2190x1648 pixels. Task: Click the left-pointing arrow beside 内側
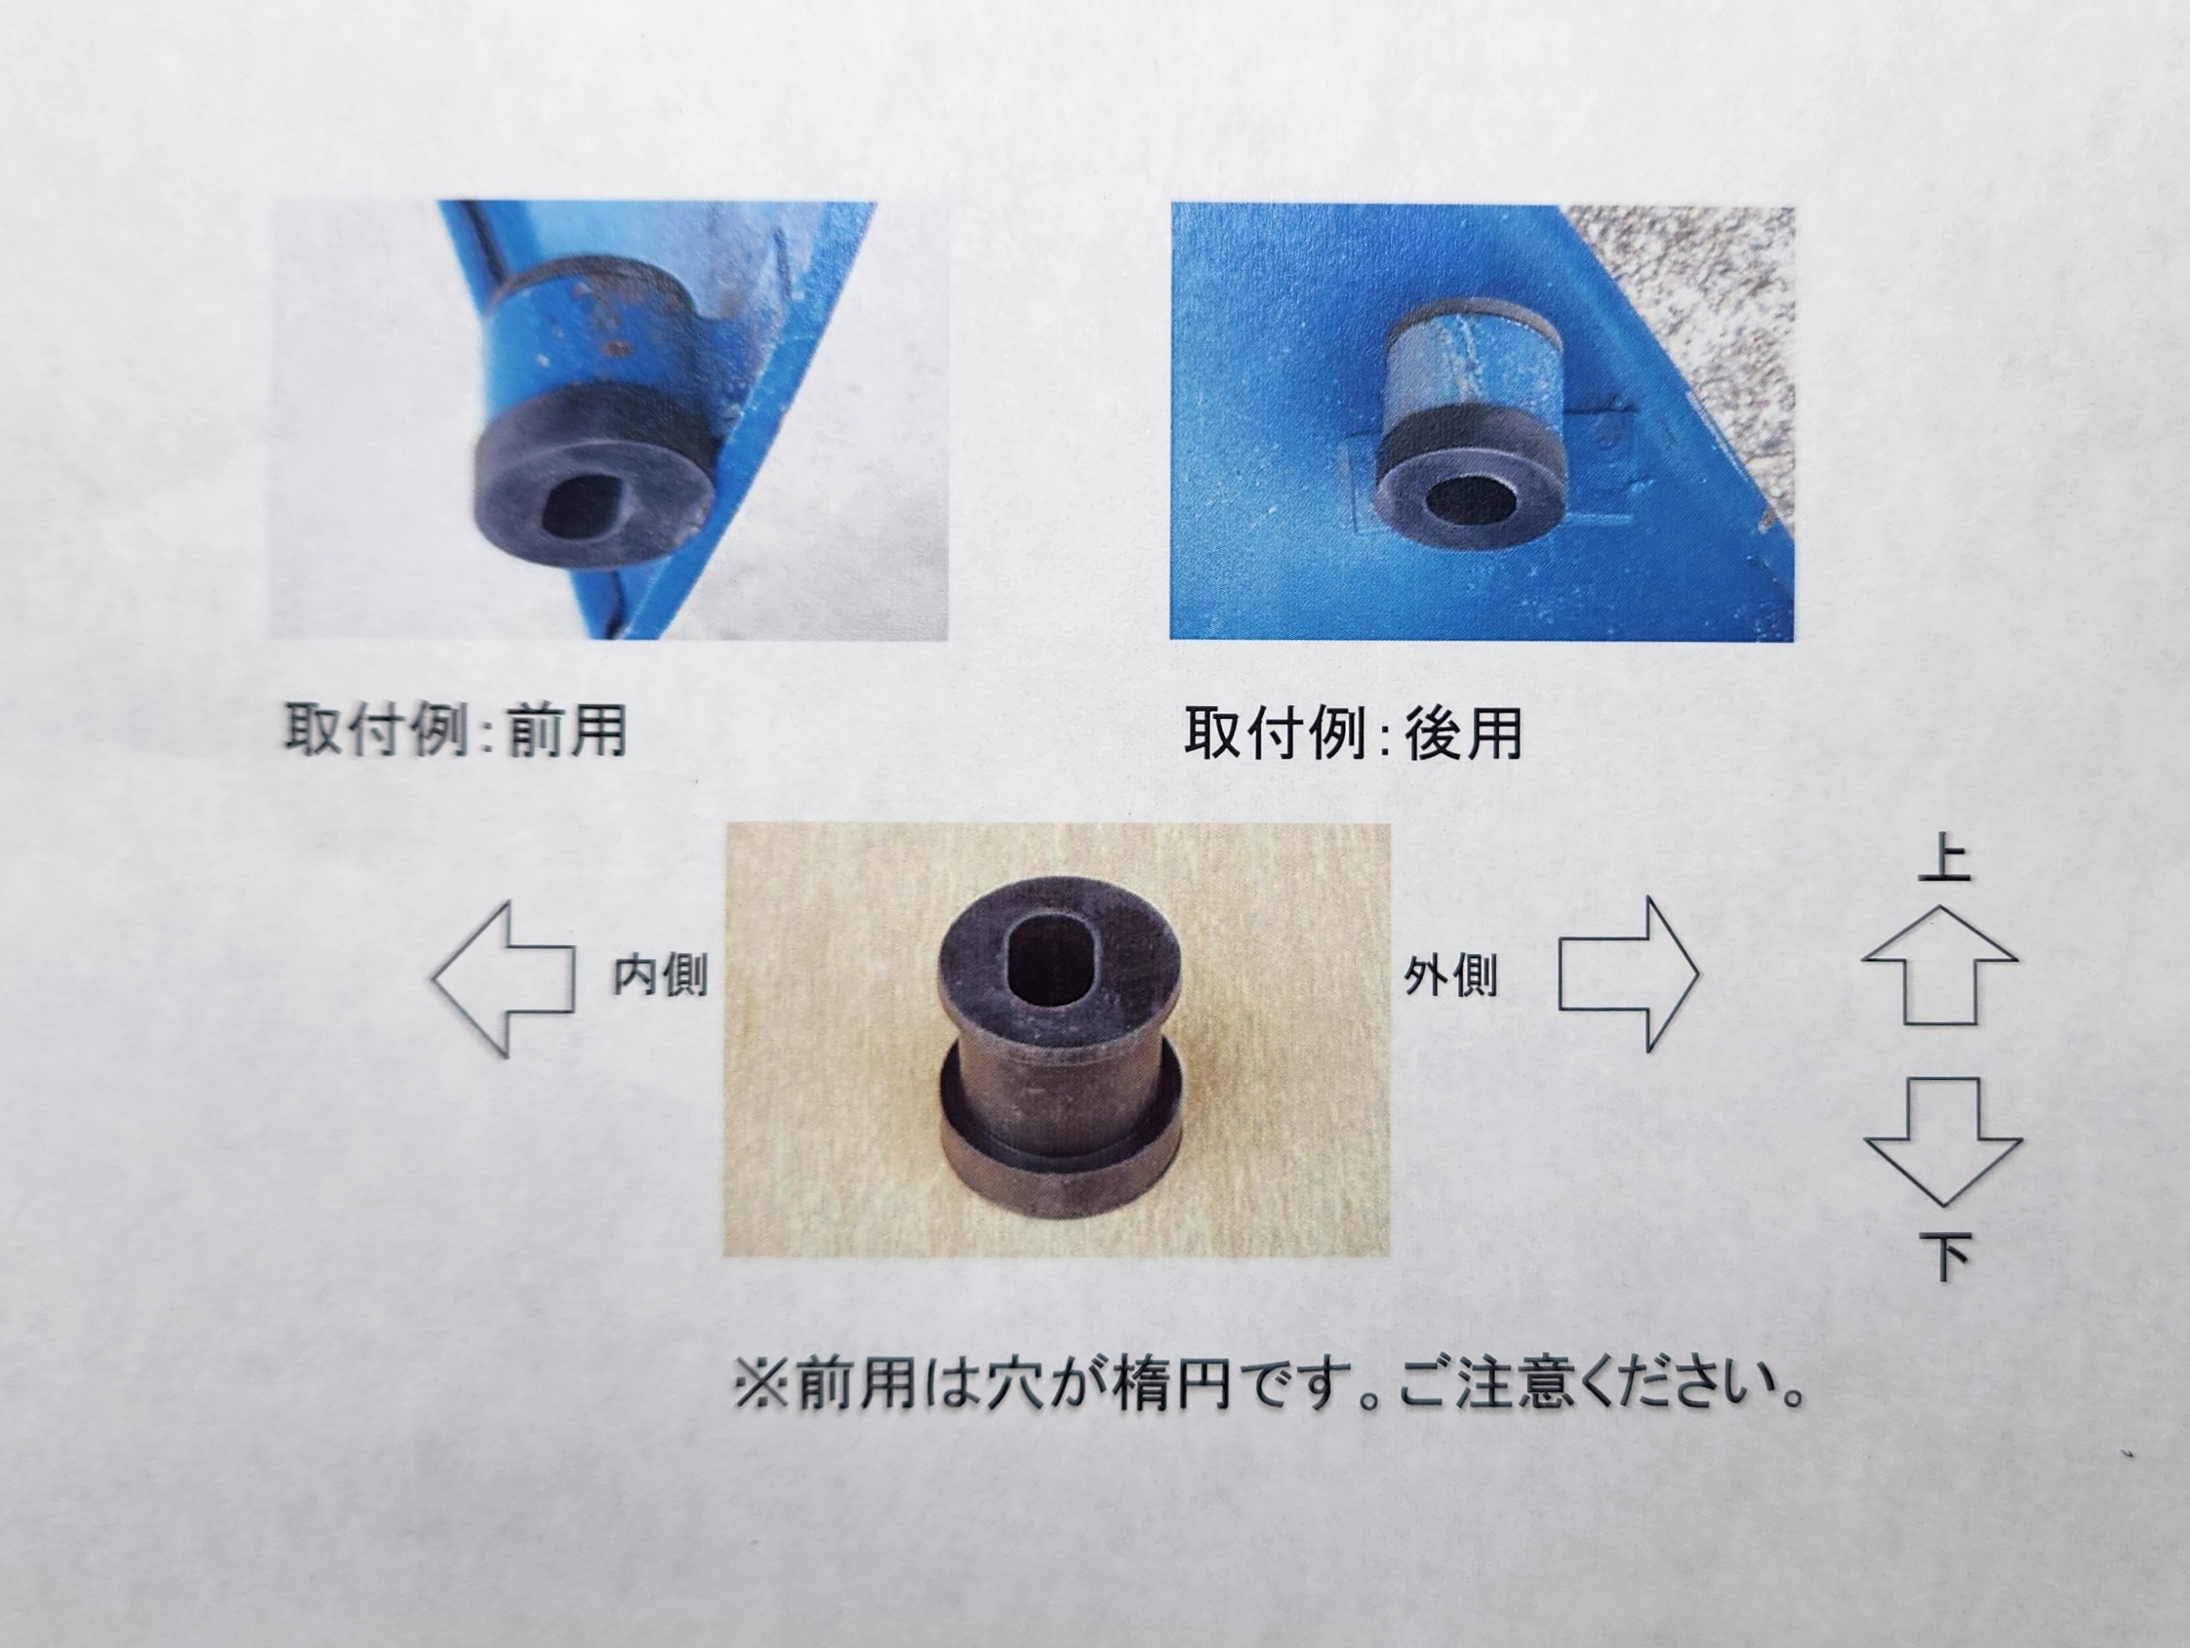[x=503, y=979]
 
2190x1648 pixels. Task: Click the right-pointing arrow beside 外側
[x=1628, y=975]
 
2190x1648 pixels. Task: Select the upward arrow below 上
[x=1939, y=965]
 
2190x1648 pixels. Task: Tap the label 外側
[x=1451, y=977]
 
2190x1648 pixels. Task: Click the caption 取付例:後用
[x=1354, y=734]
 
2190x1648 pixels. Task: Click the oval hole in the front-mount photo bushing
[x=588, y=504]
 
